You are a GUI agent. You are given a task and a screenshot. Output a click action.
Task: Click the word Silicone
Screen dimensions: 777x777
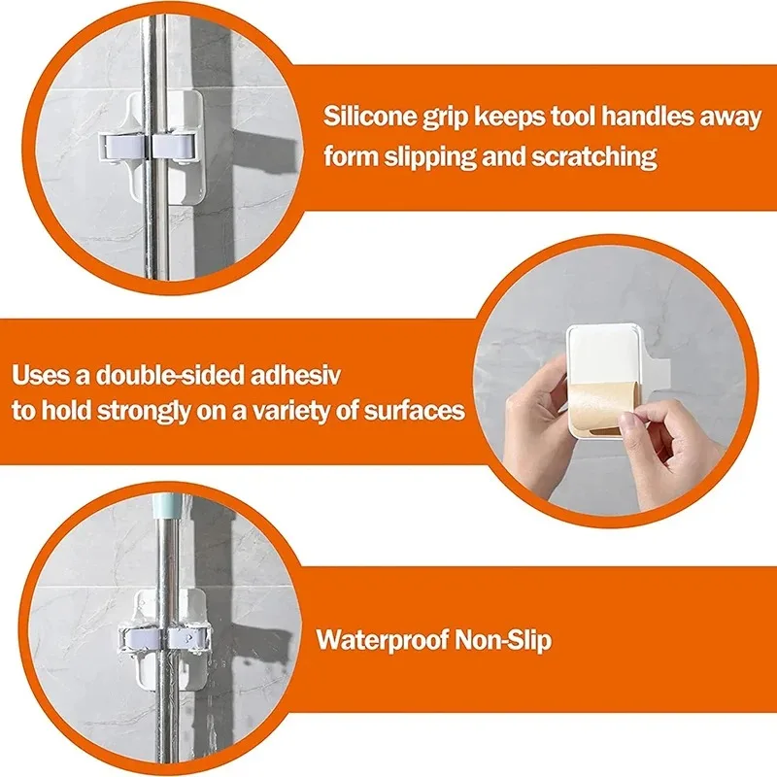pyautogui.click(x=362, y=117)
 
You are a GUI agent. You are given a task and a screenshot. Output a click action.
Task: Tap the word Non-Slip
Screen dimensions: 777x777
pyautogui.click(x=503, y=639)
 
